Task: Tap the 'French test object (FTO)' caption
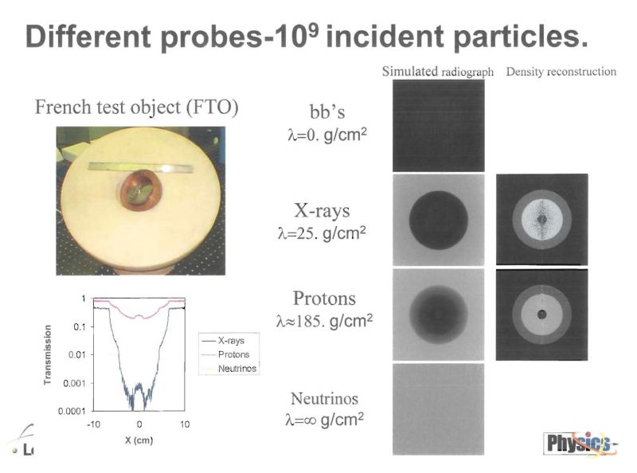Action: point(137,107)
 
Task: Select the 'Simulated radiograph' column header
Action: point(438,71)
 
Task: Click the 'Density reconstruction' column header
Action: point(561,71)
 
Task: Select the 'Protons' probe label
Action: point(324,299)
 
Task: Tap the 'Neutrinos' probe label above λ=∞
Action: point(323,399)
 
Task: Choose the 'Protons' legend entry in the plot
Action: point(233,354)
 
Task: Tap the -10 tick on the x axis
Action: point(94,424)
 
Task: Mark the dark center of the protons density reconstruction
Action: point(542,315)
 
